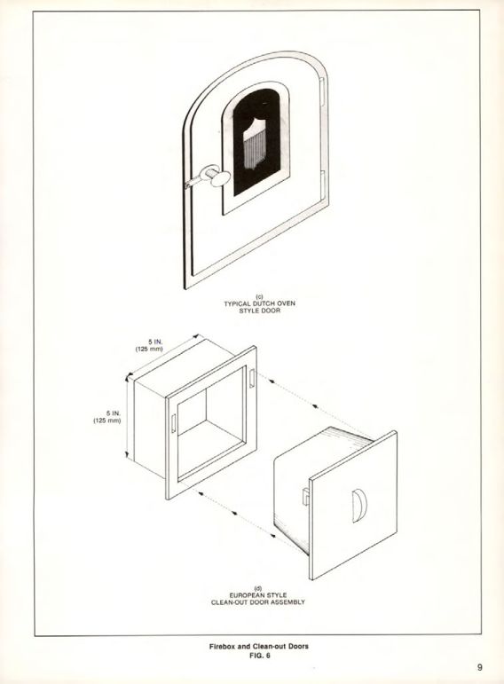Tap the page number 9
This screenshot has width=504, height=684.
pos(479,667)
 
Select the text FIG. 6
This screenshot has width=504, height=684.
pos(259,655)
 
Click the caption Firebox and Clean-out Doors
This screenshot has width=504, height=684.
pos(259,646)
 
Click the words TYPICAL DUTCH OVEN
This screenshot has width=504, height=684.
pos(260,303)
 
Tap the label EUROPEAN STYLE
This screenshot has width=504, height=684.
pos(258,595)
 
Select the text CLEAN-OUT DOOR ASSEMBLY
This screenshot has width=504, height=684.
pos(258,602)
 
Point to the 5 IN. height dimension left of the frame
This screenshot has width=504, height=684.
pos(113,413)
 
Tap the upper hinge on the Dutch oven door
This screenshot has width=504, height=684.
pos(322,91)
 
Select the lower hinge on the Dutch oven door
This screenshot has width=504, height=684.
pos(322,185)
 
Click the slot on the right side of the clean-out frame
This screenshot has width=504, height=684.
pos(252,378)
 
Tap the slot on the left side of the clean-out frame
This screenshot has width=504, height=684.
pos(173,423)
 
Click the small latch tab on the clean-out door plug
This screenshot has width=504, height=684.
pos(306,496)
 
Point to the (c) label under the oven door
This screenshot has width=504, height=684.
pos(259,296)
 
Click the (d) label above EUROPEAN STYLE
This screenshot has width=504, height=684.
pos(258,588)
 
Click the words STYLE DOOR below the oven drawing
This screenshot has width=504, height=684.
pos(260,311)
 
